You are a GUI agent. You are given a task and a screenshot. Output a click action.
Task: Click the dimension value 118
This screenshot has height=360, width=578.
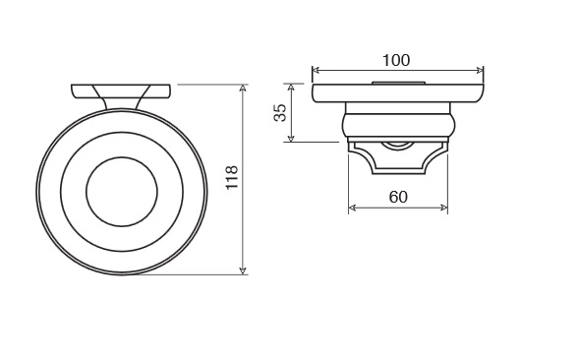click(x=232, y=177)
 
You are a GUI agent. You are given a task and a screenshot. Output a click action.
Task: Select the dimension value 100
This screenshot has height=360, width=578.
click(x=396, y=60)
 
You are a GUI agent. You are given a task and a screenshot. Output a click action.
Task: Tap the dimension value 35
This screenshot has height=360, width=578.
click(x=280, y=112)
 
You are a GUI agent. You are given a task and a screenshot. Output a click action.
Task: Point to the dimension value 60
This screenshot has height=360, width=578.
click(x=398, y=197)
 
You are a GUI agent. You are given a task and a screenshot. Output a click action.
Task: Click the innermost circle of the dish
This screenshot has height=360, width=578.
click(x=122, y=157)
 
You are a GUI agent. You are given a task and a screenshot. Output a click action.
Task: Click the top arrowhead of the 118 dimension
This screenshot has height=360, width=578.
click(x=243, y=88)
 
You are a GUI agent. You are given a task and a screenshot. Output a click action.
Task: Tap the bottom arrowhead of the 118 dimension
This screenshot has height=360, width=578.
click(x=243, y=270)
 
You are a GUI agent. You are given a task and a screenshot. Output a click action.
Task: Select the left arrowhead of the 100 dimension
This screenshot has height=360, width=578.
click(x=316, y=70)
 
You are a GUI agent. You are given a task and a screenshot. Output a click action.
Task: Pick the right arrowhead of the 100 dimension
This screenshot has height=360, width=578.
click(x=480, y=70)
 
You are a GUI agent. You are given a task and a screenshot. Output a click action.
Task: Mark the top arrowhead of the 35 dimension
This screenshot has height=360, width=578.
click(x=291, y=87)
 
